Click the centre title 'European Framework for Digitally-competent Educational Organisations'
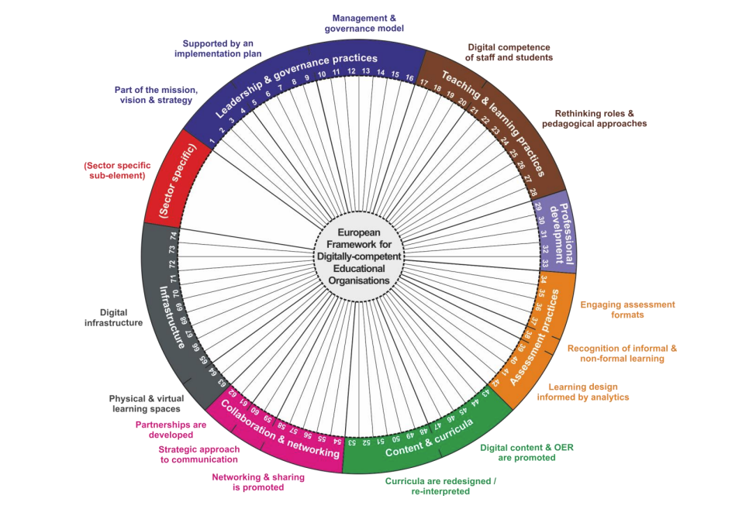tap(359, 256)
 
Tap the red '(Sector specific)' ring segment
tap(178, 181)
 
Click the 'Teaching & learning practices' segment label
tap(493, 122)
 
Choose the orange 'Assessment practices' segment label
tap(534, 337)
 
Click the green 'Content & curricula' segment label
tap(429, 438)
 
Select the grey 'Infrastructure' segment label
tap(172, 317)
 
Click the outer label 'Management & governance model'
tap(364, 23)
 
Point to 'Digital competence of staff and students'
tap(509, 53)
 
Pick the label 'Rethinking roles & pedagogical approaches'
tap(594, 119)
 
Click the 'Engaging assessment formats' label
tap(627, 309)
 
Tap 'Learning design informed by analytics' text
tap(583, 391)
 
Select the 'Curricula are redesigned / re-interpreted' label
tap(440, 486)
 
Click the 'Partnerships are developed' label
tap(171, 430)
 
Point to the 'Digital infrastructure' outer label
tap(113, 318)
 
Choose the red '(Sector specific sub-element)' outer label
tap(117, 170)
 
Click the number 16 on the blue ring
tap(409, 77)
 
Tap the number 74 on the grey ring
tap(174, 236)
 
